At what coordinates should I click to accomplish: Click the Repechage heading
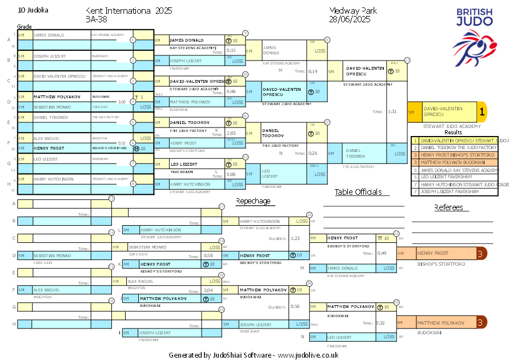coord(253,201)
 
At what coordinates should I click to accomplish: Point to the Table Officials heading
coord(358,192)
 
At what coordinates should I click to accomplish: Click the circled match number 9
coord(245,33)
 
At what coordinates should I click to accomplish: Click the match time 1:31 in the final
coord(392,112)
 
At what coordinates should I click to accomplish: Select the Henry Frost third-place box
coord(443,253)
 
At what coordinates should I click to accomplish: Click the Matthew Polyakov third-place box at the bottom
coord(443,323)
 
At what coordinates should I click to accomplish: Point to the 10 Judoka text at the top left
coord(33,10)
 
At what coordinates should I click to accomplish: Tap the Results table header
coord(453,132)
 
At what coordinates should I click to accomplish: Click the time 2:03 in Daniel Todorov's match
coord(231,133)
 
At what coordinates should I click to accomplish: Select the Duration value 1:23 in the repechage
coord(295,238)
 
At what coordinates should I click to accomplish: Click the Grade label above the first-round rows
coord(24,27)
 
